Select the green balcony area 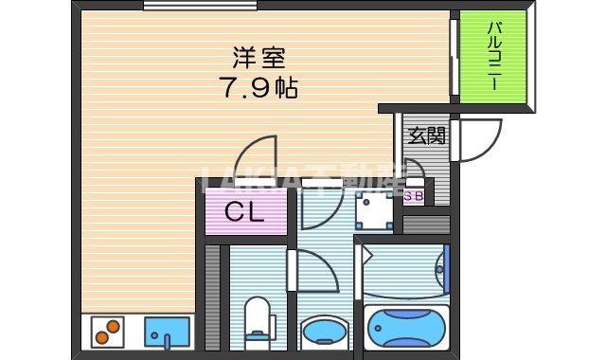493,57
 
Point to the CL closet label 245,213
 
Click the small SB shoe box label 414,197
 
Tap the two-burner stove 107,332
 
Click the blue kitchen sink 167,332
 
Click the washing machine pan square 375,210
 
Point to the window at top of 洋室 200,6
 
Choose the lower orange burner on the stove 102,337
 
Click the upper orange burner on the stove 114,326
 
